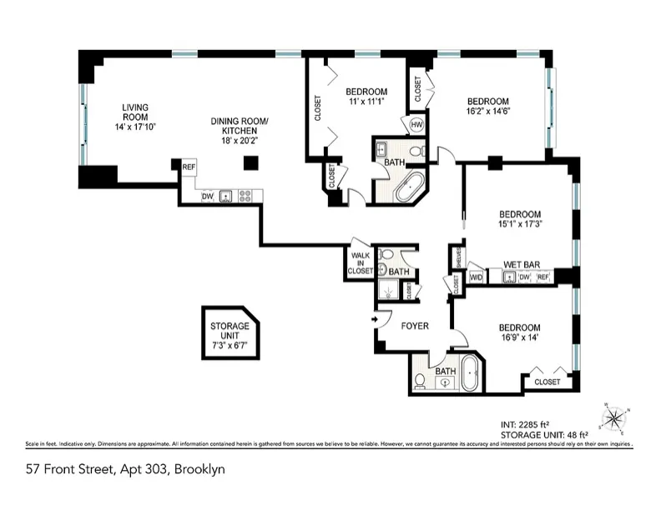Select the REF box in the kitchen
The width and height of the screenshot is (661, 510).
point(188,167)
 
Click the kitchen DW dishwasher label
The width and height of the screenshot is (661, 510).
point(207,197)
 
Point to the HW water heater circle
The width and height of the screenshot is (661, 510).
point(417,126)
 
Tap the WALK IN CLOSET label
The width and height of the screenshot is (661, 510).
point(360,263)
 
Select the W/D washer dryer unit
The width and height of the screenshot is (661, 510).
point(477,277)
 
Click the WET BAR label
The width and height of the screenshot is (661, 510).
point(520,263)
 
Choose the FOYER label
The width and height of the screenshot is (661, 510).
point(414,326)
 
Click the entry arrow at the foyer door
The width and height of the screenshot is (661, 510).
point(376,318)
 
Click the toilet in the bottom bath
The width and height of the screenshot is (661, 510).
point(421,379)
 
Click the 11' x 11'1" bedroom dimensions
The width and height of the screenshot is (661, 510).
point(366,102)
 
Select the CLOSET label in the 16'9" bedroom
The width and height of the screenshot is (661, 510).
point(547,382)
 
